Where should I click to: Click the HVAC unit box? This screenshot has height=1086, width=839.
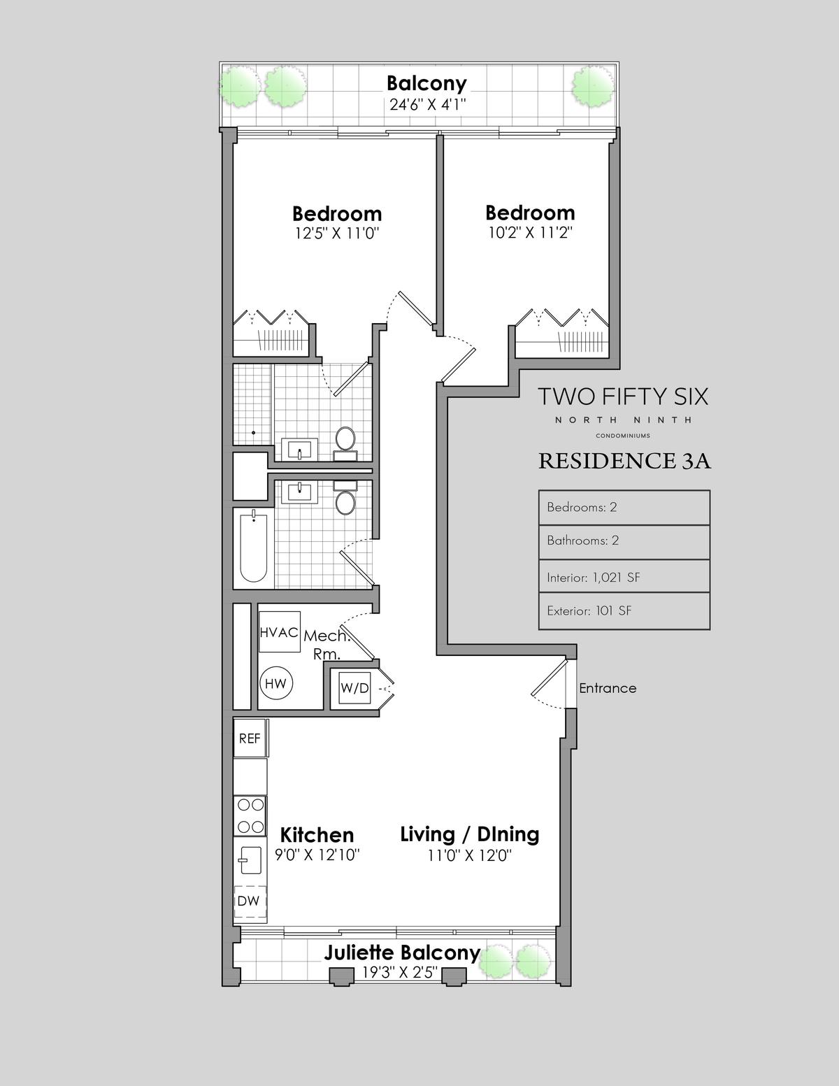[x=280, y=631]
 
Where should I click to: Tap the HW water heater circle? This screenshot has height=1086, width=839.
[x=276, y=683]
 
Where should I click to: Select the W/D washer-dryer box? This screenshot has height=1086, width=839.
[x=354, y=687]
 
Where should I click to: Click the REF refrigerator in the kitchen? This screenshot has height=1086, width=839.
[x=250, y=738]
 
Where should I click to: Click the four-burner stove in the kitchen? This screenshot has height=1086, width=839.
[x=250, y=816]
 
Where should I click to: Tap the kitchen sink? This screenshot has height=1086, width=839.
[x=250, y=860]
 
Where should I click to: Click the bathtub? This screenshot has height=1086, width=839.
[x=253, y=548]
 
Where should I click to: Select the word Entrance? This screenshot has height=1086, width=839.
[x=608, y=688]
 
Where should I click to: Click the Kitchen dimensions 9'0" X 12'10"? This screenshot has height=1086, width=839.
[x=317, y=855]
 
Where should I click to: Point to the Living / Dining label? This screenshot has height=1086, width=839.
[x=470, y=835]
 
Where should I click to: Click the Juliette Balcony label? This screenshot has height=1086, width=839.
[x=402, y=952]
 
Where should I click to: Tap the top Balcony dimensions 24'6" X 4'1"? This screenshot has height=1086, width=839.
[x=428, y=105]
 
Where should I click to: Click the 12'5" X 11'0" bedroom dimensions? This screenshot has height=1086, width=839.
[x=337, y=234]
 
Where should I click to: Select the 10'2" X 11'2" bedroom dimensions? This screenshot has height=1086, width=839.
[x=530, y=232]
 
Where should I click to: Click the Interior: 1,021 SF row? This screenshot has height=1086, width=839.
[x=624, y=576]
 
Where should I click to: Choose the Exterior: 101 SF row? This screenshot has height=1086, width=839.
[x=624, y=610]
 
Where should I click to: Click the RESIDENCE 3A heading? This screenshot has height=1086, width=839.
[x=624, y=461]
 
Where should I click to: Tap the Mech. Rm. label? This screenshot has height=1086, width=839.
[x=326, y=645]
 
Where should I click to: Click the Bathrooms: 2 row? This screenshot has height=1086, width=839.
[x=624, y=541]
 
